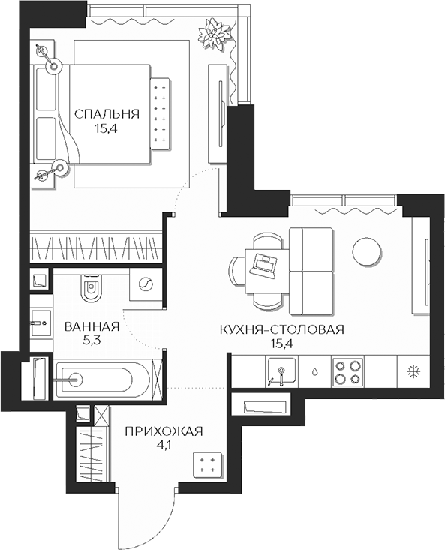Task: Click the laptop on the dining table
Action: coord(265,263)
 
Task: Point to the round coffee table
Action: coord(368,251)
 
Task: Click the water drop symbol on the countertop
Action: coord(316,371)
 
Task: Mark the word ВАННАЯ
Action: coord(92,327)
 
